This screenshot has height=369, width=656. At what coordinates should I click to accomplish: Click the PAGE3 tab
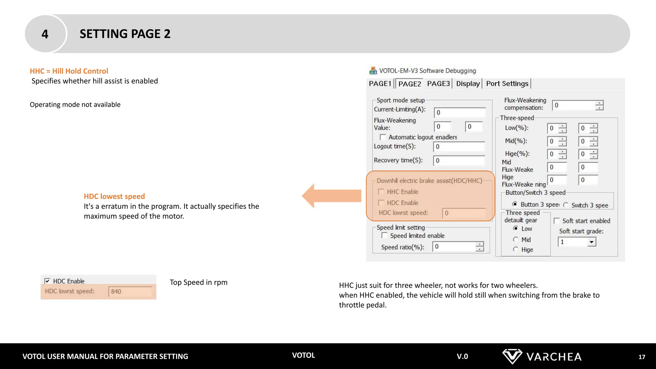438,84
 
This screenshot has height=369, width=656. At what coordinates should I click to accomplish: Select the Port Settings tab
507,84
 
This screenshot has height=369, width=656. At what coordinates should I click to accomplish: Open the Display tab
468,84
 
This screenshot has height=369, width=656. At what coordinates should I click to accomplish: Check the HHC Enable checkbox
381,192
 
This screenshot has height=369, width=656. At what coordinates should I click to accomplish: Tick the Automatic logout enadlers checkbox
383,137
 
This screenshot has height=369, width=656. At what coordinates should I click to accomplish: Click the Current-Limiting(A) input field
460,112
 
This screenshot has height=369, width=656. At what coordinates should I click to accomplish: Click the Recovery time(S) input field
459,160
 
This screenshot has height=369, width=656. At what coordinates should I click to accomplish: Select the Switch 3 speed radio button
566,205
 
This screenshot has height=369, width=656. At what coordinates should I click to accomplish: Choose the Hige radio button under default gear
515,249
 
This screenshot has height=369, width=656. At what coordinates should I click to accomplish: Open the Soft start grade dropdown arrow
592,242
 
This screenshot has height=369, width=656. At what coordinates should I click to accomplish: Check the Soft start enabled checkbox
557,221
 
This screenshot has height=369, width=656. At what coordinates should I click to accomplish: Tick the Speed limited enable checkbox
384,235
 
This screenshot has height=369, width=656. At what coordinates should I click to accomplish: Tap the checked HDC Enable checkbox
47,281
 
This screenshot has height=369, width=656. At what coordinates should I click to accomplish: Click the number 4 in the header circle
45,34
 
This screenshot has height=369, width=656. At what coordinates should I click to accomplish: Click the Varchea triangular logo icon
512,356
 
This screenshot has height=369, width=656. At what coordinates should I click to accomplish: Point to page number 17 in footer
642,357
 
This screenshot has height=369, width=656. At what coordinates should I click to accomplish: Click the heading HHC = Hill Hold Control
69,71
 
